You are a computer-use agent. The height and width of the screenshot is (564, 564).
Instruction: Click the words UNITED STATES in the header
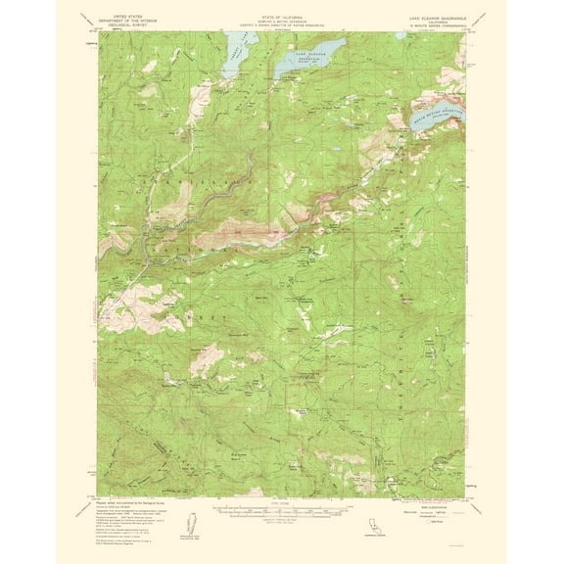point(133,18)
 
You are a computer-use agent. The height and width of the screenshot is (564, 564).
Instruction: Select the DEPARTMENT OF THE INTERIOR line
point(133,22)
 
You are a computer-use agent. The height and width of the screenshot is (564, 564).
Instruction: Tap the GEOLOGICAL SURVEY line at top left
point(133,26)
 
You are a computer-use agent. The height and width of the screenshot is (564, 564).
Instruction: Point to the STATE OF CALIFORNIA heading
point(281,18)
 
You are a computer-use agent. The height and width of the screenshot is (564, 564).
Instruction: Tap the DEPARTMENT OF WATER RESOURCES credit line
point(281,26)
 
